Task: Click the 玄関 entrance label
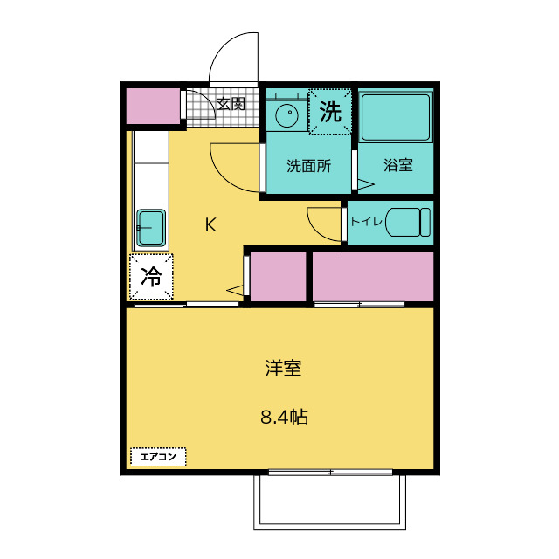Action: point(231,104)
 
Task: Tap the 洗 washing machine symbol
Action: point(329,112)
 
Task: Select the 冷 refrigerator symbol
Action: point(151,277)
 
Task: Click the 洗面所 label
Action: point(309,165)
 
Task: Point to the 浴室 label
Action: point(397,165)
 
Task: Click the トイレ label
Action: point(366,221)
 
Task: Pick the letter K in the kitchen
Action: point(210,224)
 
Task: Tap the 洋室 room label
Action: point(284,368)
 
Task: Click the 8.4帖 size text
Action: point(284,417)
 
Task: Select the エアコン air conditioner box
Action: point(158,456)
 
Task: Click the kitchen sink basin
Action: point(152,229)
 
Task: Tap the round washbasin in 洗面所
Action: point(286,114)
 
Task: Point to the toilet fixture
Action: point(405,220)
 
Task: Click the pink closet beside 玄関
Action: point(153,106)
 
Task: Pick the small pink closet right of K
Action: point(279,277)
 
